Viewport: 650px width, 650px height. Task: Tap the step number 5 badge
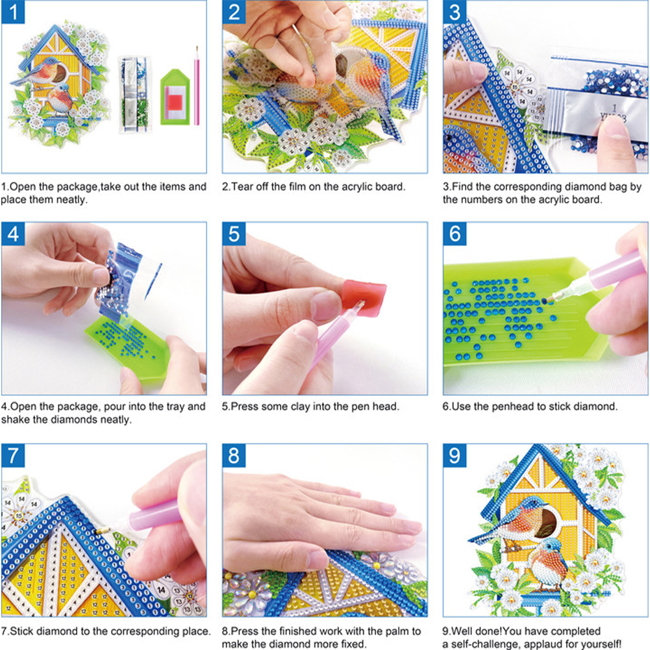coord(234,234)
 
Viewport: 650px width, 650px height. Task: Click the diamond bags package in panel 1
coord(135,94)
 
